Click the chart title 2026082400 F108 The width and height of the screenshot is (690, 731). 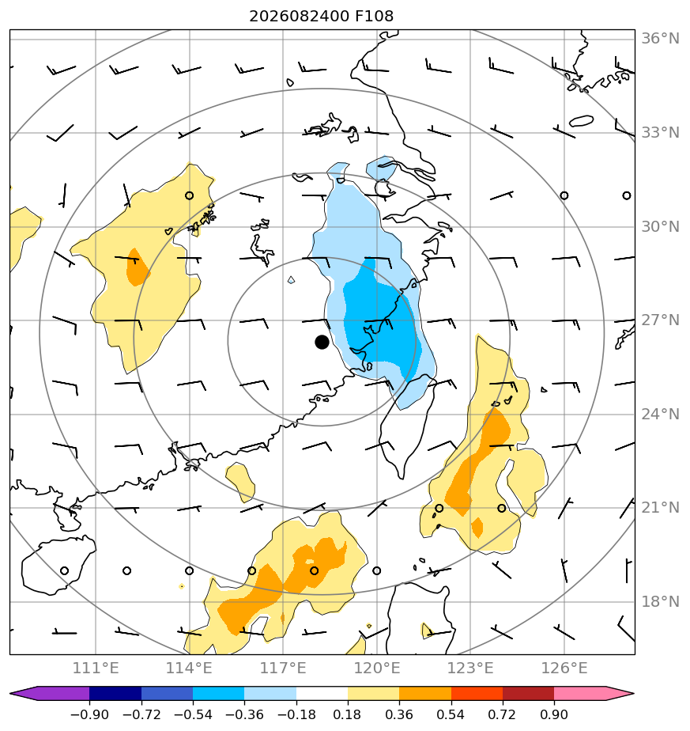[x=322, y=17]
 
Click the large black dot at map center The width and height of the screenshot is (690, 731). [x=322, y=343]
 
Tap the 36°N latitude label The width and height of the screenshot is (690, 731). [x=660, y=38]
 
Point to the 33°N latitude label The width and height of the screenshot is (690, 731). [x=660, y=133]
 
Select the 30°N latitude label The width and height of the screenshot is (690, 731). [x=660, y=227]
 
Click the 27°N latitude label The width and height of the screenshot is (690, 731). [x=660, y=320]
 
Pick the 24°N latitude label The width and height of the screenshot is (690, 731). [x=660, y=414]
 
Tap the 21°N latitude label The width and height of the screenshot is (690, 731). [x=660, y=508]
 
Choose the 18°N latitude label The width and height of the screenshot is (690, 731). [x=660, y=602]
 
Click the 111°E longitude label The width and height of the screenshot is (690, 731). [x=96, y=669]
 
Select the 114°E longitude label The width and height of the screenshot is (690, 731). [x=189, y=669]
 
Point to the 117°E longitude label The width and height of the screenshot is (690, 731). [x=283, y=669]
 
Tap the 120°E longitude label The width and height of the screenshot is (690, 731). [x=377, y=669]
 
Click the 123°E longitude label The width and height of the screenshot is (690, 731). [x=470, y=669]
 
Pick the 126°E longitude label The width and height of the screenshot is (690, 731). [x=564, y=669]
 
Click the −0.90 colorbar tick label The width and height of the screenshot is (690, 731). [x=89, y=714]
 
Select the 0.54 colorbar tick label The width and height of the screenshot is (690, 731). [x=451, y=714]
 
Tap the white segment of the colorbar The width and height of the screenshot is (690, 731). [x=322, y=694]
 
